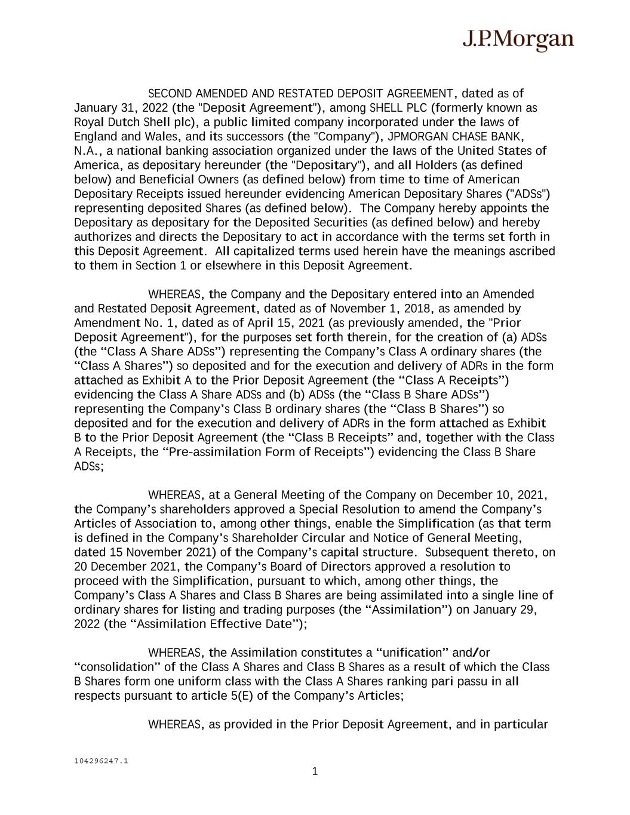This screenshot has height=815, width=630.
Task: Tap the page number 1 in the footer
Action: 315,771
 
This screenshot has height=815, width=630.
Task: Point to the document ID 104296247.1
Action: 101,761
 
